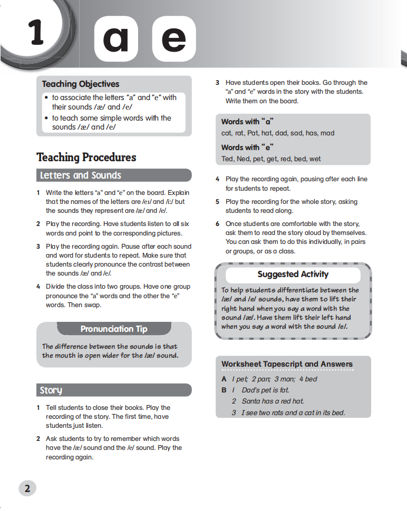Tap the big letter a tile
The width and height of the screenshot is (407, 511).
pos(116,38)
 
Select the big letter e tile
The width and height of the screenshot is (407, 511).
pos(174,38)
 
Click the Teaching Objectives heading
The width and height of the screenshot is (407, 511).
pos(81,84)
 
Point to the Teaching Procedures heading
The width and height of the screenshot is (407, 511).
pos(86,157)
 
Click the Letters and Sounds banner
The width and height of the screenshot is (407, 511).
pos(81,175)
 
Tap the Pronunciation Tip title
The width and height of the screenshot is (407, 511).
pos(114,329)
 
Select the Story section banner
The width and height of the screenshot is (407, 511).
pos(51,390)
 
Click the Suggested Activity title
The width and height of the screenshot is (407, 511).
pos(293,274)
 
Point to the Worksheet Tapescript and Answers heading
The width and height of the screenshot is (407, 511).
pos(287,364)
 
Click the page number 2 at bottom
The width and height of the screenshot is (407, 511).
pos(27,488)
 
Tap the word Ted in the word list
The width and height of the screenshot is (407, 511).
pos(227,159)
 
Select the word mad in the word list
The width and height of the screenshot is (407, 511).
pos(327,133)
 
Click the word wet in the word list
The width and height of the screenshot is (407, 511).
pos(315,159)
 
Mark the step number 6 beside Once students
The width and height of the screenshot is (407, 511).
pos(217,224)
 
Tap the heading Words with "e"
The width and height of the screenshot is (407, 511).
pos(248,148)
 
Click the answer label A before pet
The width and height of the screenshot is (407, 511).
pos(224,379)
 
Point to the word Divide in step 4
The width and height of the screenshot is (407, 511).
pos(56,287)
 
